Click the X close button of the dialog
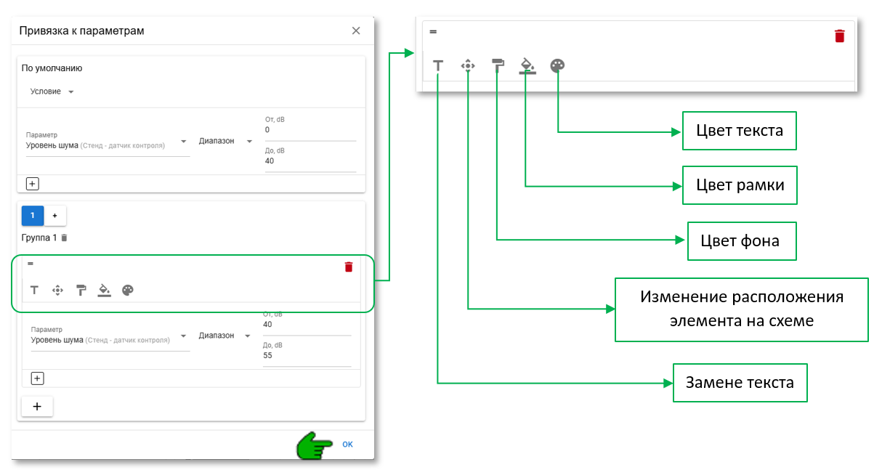tap(356, 31)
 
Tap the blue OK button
tap(347, 444)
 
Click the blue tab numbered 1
tap(33, 215)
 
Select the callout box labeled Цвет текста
tap(739, 131)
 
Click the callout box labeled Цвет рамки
tap(739, 185)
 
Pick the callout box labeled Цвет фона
tap(741, 240)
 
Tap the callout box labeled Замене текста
tap(740, 382)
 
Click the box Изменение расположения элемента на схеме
tap(741, 309)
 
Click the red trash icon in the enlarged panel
tap(840, 36)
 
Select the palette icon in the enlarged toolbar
tap(557, 65)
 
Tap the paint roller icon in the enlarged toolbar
tap(498, 65)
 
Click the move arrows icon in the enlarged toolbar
tap(468, 65)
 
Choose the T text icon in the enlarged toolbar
tap(438, 66)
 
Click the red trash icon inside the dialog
tap(349, 267)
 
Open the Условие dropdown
tap(52, 92)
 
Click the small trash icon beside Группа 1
tap(64, 238)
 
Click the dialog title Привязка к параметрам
tap(81, 31)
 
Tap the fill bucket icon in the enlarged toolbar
tap(527, 66)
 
